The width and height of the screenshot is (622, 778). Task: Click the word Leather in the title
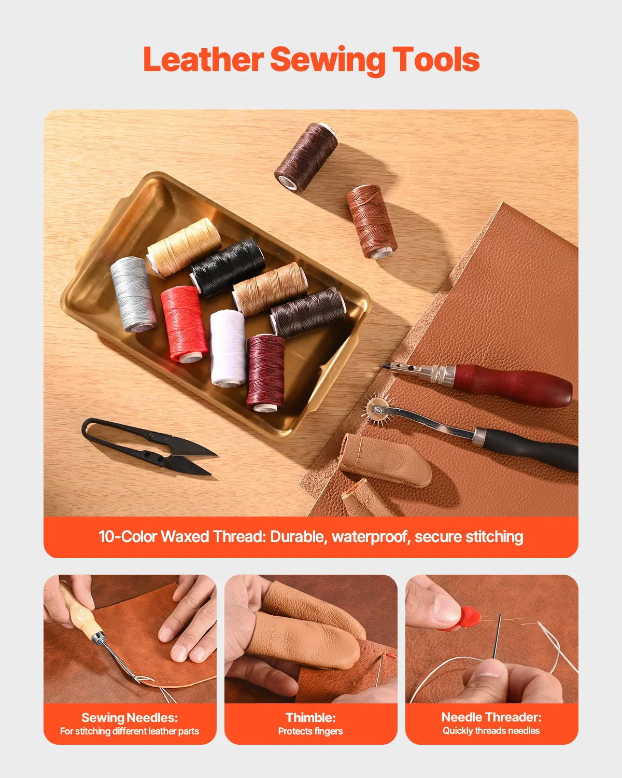(x=203, y=60)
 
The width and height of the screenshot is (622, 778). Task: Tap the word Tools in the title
(x=435, y=60)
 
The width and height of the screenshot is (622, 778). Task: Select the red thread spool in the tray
(x=183, y=324)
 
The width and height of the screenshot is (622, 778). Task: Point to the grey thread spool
(x=133, y=294)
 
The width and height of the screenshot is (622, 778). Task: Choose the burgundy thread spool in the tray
(x=266, y=371)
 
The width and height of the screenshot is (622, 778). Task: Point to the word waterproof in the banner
(x=370, y=537)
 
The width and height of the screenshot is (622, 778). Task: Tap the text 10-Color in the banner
(x=128, y=537)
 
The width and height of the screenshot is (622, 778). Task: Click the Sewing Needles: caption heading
(x=130, y=717)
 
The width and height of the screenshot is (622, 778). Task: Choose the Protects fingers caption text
(x=310, y=731)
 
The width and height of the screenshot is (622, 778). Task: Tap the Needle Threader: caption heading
(x=491, y=717)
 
